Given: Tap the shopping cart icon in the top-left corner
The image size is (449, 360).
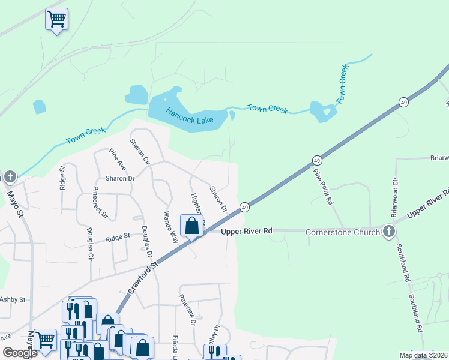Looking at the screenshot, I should (56, 20).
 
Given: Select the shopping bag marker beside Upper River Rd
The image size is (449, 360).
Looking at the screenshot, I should (192, 226).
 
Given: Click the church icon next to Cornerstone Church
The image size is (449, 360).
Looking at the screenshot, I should (389, 232).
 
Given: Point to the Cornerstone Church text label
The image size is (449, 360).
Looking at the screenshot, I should (342, 232).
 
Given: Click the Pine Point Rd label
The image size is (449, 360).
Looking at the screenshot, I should (322, 187).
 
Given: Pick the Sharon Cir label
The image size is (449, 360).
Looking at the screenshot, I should (140, 151).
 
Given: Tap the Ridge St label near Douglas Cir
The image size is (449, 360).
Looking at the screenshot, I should (118, 237).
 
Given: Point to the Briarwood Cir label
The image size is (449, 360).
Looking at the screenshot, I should (394, 197).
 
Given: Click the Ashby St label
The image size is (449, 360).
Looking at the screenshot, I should (13, 299).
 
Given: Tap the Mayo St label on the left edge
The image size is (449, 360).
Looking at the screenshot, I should (16, 204).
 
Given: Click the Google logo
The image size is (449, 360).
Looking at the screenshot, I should (20, 353).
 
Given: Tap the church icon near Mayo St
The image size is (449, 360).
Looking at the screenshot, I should (10, 177).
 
